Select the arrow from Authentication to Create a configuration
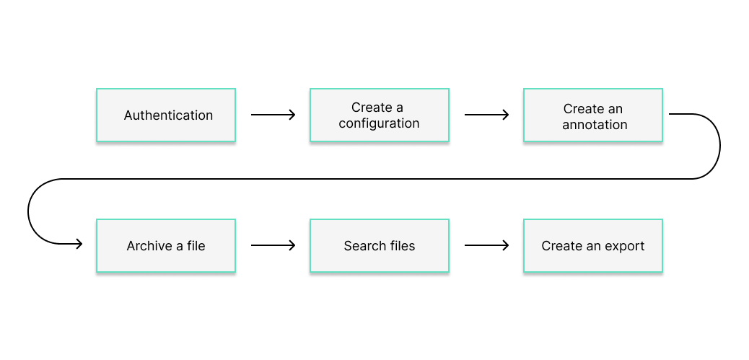(x=273, y=115)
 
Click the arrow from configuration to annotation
(x=486, y=115)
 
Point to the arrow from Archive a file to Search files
(x=273, y=245)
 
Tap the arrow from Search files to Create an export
(x=486, y=245)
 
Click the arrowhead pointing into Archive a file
(x=79, y=244)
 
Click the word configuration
(x=379, y=123)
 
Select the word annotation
(x=595, y=125)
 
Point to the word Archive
(x=150, y=246)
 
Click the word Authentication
(x=168, y=115)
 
